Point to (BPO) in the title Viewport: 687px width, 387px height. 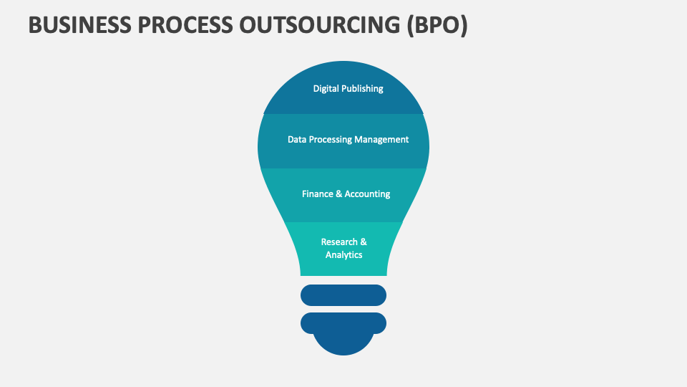click(x=437, y=24)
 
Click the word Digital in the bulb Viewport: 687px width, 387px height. click(x=326, y=89)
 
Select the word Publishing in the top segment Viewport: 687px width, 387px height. click(x=362, y=89)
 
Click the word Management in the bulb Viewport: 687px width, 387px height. click(x=381, y=140)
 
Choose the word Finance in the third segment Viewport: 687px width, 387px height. click(x=317, y=194)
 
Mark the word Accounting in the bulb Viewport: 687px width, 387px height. click(x=368, y=194)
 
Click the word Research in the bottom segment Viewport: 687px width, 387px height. click(x=339, y=242)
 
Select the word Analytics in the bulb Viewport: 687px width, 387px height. click(x=344, y=255)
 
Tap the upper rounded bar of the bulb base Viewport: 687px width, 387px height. click(x=343, y=295)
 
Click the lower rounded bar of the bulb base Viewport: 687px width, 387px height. click(x=343, y=322)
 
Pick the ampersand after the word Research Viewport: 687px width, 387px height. click(x=363, y=242)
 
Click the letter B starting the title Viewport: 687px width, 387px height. click(x=34, y=24)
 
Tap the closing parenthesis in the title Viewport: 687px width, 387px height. click(x=464, y=24)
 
